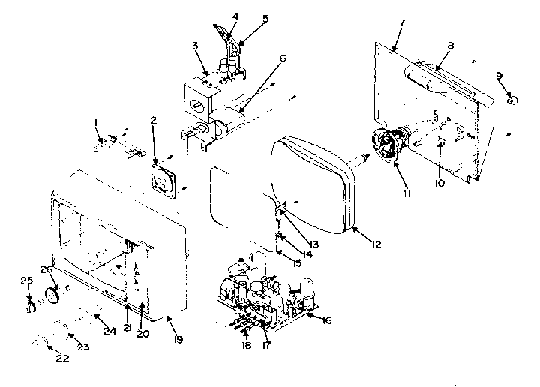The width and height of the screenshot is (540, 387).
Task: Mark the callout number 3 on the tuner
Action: point(195,46)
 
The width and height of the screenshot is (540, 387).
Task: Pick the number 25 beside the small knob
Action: point(26,280)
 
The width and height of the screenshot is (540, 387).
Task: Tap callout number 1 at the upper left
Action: point(97,122)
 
